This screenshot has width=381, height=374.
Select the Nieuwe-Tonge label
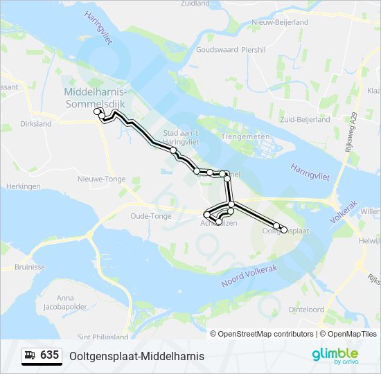(101, 179)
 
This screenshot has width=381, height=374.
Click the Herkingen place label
(24, 186)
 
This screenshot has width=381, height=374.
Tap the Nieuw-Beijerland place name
(280, 22)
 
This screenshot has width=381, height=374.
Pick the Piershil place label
(254, 50)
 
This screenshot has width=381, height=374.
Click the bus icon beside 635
(30, 355)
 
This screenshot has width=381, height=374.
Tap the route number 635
(49, 355)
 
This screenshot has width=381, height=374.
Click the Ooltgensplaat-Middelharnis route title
(132, 356)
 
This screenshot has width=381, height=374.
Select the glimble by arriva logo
(335, 355)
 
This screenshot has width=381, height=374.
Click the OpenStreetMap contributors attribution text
(266, 334)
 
